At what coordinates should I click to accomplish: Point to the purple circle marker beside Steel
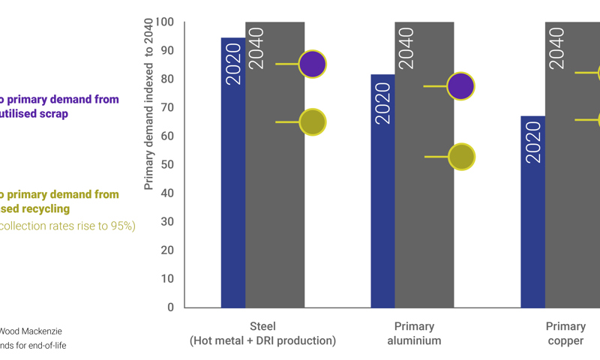coord(312,64)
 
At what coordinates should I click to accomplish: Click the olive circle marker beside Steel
coord(312,121)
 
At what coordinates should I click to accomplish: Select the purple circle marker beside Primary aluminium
coord(460,86)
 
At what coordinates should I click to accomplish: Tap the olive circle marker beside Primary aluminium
coord(460,156)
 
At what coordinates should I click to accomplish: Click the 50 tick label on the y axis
coord(166,164)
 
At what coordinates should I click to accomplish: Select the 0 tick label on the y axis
coord(170,307)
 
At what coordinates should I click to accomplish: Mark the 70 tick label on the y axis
coord(166,107)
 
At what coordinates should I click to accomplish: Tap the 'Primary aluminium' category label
coord(414,333)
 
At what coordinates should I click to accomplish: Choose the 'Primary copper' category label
coord(565,333)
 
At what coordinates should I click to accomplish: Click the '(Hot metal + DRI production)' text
coord(262,340)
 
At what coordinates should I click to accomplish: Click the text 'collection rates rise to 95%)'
coord(67,226)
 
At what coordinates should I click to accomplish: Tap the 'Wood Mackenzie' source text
coord(31,331)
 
